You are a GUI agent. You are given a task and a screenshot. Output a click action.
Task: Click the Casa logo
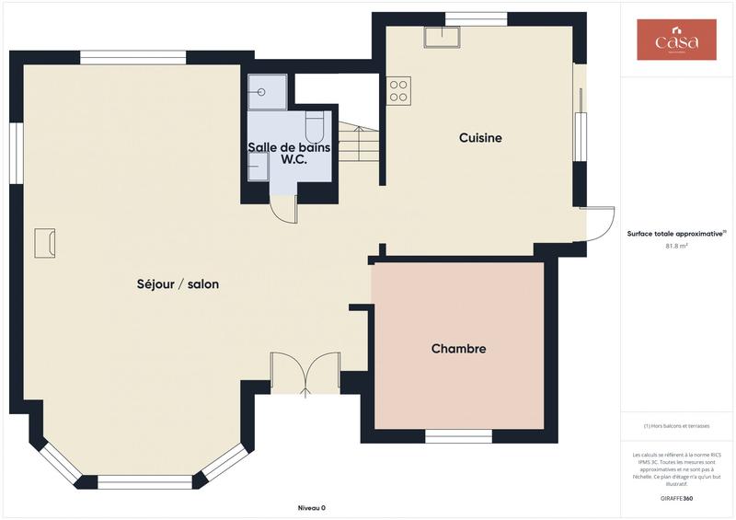[676, 40]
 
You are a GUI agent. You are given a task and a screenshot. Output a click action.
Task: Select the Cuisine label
[480, 138]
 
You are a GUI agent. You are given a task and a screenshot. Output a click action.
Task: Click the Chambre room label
[458, 349]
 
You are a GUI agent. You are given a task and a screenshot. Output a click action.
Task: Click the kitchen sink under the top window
[442, 37]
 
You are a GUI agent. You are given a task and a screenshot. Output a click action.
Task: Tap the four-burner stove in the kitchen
[399, 89]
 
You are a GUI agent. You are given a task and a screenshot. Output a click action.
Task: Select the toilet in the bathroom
[314, 125]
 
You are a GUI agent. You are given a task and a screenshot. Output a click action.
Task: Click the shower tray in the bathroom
[267, 92]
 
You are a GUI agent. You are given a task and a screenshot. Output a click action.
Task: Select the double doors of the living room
[305, 373]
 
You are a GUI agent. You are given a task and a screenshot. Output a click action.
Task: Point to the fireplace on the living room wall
[44, 243]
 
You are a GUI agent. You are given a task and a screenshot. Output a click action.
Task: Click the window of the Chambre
[458, 435]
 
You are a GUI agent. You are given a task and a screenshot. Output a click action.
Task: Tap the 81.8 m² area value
[676, 246]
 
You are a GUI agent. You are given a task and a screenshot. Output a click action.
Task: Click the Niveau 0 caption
[312, 508]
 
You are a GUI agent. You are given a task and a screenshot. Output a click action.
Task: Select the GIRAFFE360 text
[676, 498]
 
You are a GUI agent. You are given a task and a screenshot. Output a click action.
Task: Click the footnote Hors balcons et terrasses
[676, 425]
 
